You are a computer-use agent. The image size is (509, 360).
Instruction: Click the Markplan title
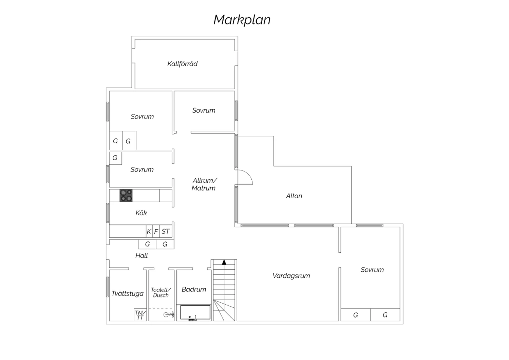coord(242,20)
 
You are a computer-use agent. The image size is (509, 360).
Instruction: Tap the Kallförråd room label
coord(183,64)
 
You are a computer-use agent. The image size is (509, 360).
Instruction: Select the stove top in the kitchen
coord(126,196)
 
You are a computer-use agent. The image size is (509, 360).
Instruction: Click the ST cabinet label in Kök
coord(166,231)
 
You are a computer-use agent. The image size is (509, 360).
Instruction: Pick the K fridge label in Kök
coord(149,232)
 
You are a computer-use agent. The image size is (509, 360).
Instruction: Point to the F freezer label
coord(156,232)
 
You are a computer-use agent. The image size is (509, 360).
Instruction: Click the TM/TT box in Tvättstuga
coord(140,315)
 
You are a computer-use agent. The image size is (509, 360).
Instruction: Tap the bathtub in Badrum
coord(195,312)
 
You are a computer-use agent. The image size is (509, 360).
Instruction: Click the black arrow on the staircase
coord(224,262)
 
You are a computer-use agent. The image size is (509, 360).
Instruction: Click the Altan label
coord(294,196)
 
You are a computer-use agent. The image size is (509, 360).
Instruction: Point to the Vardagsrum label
coord(291,276)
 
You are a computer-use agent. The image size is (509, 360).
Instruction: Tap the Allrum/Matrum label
coord(204,184)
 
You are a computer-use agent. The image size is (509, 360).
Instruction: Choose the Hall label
coord(142,256)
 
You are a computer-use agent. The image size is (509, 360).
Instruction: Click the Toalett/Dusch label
coord(161,292)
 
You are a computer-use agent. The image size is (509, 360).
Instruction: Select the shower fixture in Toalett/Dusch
coord(169,315)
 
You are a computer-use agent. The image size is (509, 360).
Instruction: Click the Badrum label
coord(194,289)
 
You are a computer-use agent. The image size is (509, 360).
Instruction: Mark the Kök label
coord(141,213)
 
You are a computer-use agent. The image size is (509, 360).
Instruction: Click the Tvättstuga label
coord(128,293)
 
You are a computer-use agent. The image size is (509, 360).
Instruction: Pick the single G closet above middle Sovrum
coord(115,158)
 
